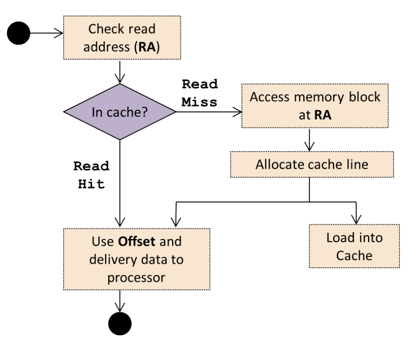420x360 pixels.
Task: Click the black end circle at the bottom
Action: coord(119,323)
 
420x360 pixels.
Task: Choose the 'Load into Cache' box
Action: coord(354,246)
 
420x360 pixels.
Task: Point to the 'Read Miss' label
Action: coord(199,93)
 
